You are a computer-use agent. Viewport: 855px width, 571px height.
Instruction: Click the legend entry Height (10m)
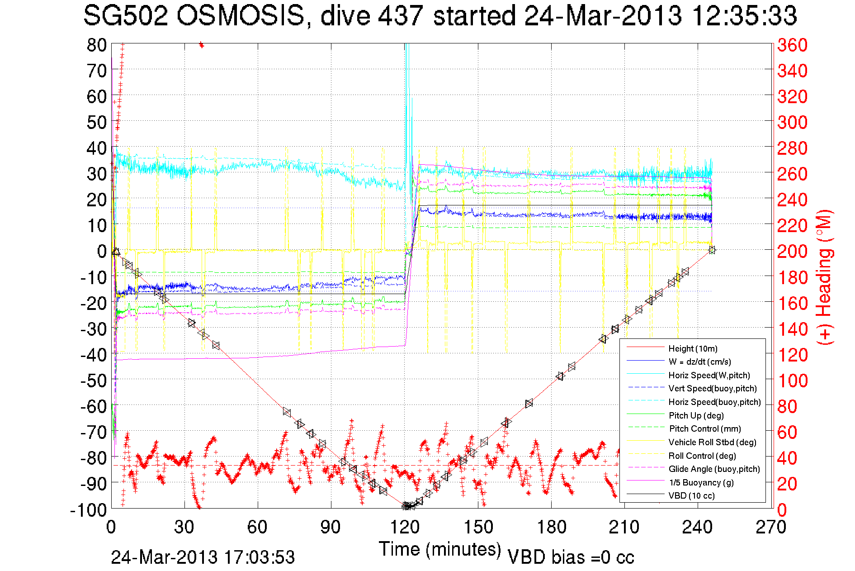click(693, 348)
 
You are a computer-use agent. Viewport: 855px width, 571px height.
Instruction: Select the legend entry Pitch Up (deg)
click(696, 415)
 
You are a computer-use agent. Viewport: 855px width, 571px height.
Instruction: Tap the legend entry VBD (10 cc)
click(692, 496)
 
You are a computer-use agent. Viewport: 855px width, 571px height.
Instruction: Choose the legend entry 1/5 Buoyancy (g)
click(701, 482)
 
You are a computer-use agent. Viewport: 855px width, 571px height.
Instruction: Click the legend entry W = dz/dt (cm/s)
click(699, 362)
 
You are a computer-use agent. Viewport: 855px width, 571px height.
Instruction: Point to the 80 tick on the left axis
click(97, 45)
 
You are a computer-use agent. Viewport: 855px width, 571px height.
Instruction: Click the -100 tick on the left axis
click(89, 510)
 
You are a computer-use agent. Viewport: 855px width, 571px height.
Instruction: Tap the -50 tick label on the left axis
click(94, 381)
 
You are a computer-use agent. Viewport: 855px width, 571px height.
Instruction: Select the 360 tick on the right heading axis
click(792, 45)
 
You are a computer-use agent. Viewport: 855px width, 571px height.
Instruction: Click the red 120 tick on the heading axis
click(792, 355)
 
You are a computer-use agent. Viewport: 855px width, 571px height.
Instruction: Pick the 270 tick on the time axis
click(771, 527)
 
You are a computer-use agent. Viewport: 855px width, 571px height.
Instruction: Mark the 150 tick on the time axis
click(478, 527)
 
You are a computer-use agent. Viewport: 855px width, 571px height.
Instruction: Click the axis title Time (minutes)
click(440, 549)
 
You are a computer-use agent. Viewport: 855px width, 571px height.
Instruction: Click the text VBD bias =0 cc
click(571, 557)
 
